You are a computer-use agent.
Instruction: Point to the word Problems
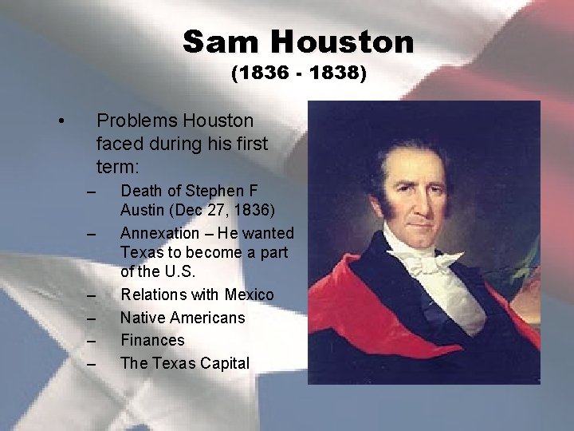click(x=136, y=121)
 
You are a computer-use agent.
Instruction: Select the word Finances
click(x=151, y=340)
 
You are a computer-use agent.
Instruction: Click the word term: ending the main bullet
click(x=117, y=168)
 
